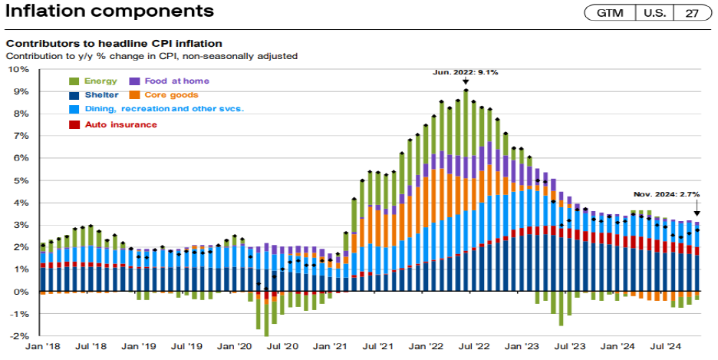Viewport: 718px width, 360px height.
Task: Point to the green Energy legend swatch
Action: click(x=74, y=81)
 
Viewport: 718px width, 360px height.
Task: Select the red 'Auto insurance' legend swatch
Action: click(x=74, y=124)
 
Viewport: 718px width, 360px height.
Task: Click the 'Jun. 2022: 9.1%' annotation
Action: click(x=466, y=72)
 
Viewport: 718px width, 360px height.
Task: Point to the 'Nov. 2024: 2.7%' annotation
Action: click(x=666, y=194)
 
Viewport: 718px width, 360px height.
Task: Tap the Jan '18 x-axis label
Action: click(x=43, y=348)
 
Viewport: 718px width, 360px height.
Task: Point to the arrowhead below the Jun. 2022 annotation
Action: click(x=466, y=81)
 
